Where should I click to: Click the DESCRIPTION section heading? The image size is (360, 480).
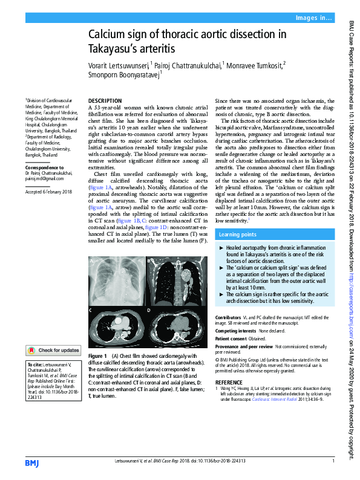pyautogui.click(x=105, y=100)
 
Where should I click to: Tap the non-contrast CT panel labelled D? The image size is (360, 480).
pyautogui.click(x=175, y=327)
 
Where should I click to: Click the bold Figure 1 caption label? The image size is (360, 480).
pyautogui.click(x=97, y=356)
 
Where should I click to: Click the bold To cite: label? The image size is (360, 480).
pyautogui.click(x=34, y=366)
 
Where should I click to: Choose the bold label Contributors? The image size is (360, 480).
pyautogui.click(x=228, y=317)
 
